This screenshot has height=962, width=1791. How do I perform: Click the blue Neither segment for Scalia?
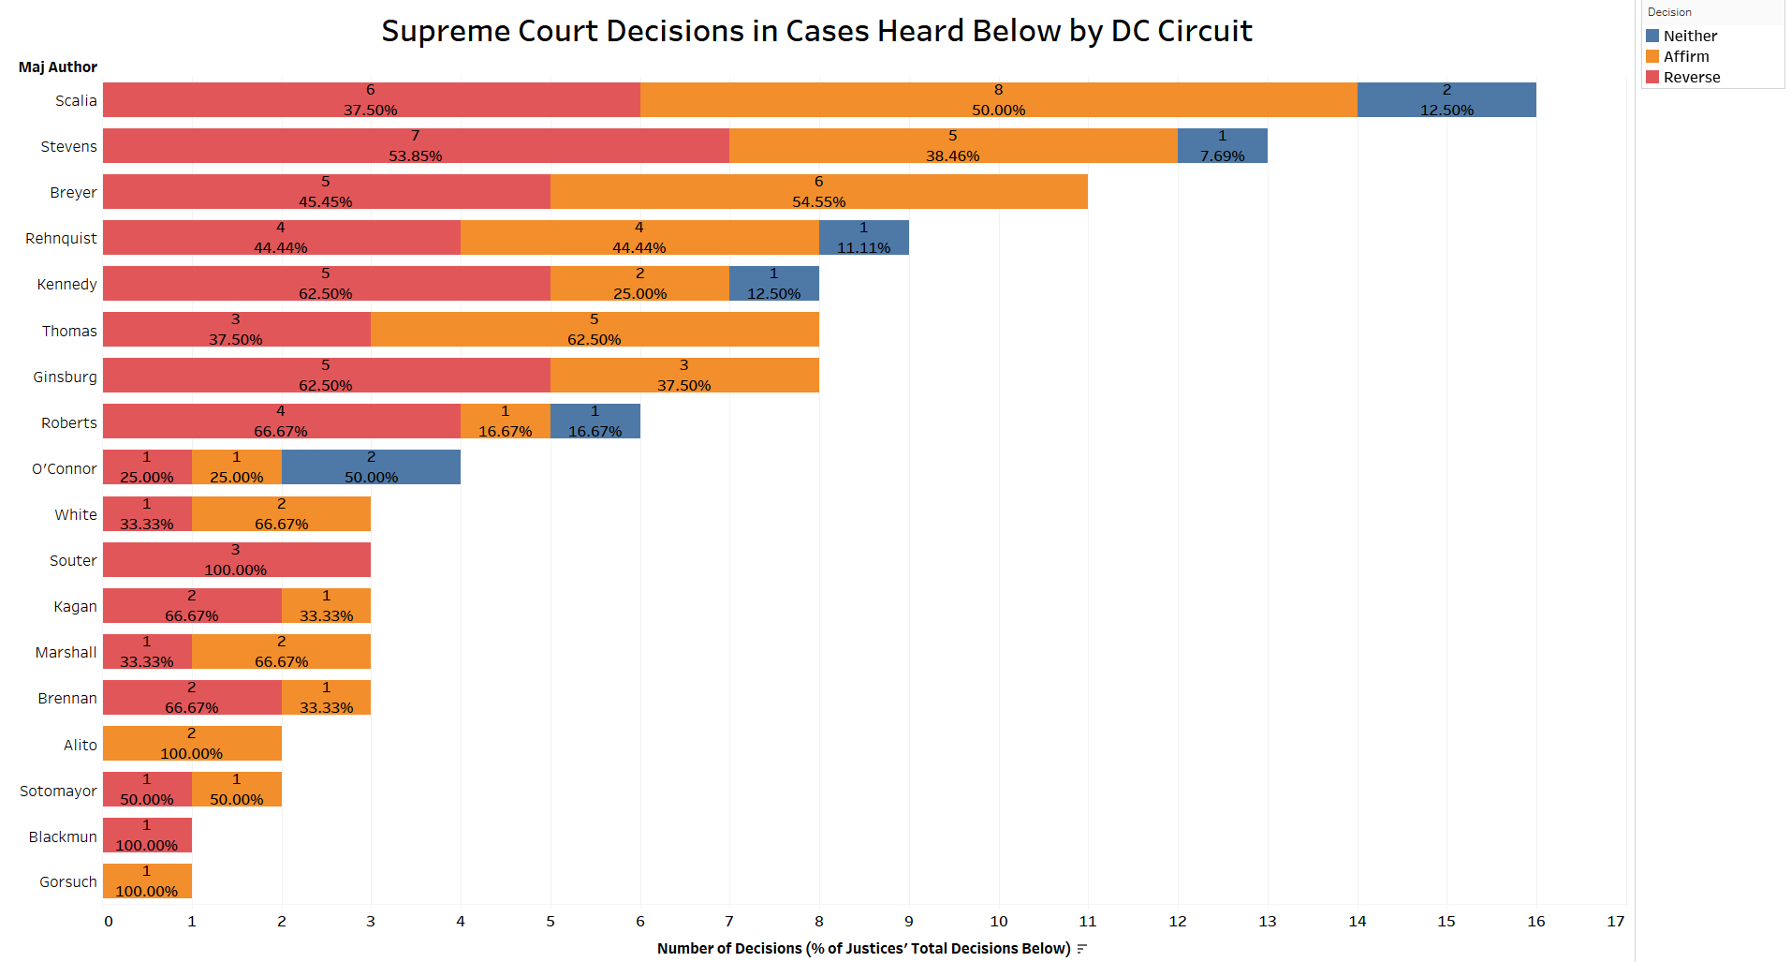coord(1446,99)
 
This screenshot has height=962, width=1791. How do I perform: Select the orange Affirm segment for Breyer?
coord(818,191)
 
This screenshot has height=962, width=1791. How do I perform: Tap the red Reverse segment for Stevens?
coord(415,145)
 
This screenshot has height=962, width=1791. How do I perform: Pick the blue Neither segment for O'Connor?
coord(371,466)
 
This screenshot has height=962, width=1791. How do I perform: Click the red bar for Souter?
coord(236,559)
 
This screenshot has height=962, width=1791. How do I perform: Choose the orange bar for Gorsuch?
coord(147,881)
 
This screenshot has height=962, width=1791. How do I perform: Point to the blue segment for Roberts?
coord(595,421)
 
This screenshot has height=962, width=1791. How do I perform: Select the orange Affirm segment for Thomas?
coord(594,329)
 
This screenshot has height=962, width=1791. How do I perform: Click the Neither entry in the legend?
coord(1689,36)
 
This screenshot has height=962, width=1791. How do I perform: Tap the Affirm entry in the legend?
coord(1685,56)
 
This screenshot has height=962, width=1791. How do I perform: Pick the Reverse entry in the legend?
coord(1691,77)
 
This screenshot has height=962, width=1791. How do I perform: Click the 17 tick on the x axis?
coord(1615,921)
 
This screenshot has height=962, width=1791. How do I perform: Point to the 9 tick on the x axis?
coord(908,921)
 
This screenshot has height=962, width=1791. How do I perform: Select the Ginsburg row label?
coord(65,377)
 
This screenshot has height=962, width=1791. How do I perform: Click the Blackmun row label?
coord(63,836)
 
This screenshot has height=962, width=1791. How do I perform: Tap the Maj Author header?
coord(57,67)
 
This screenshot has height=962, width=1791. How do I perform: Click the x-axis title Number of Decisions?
coord(862,948)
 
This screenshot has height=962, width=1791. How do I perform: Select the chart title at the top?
coord(816,31)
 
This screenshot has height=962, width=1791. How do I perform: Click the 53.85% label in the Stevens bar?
coord(415,155)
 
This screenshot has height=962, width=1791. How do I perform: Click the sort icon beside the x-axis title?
coord(1081,949)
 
